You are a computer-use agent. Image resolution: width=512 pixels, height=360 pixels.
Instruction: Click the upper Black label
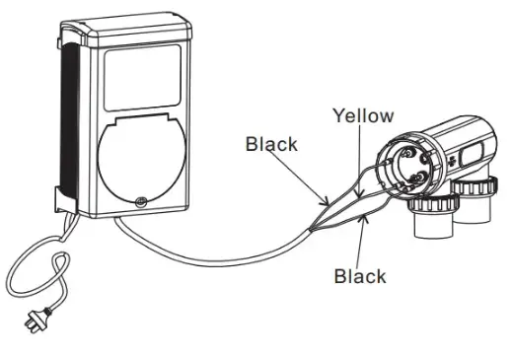pyautogui.click(x=271, y=144)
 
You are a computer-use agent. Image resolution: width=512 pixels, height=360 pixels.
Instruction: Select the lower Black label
pyautogui.click(x=360, y=276)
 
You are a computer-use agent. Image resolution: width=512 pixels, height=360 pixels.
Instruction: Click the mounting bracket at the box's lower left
pyautogui.click(x=58, y=203)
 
